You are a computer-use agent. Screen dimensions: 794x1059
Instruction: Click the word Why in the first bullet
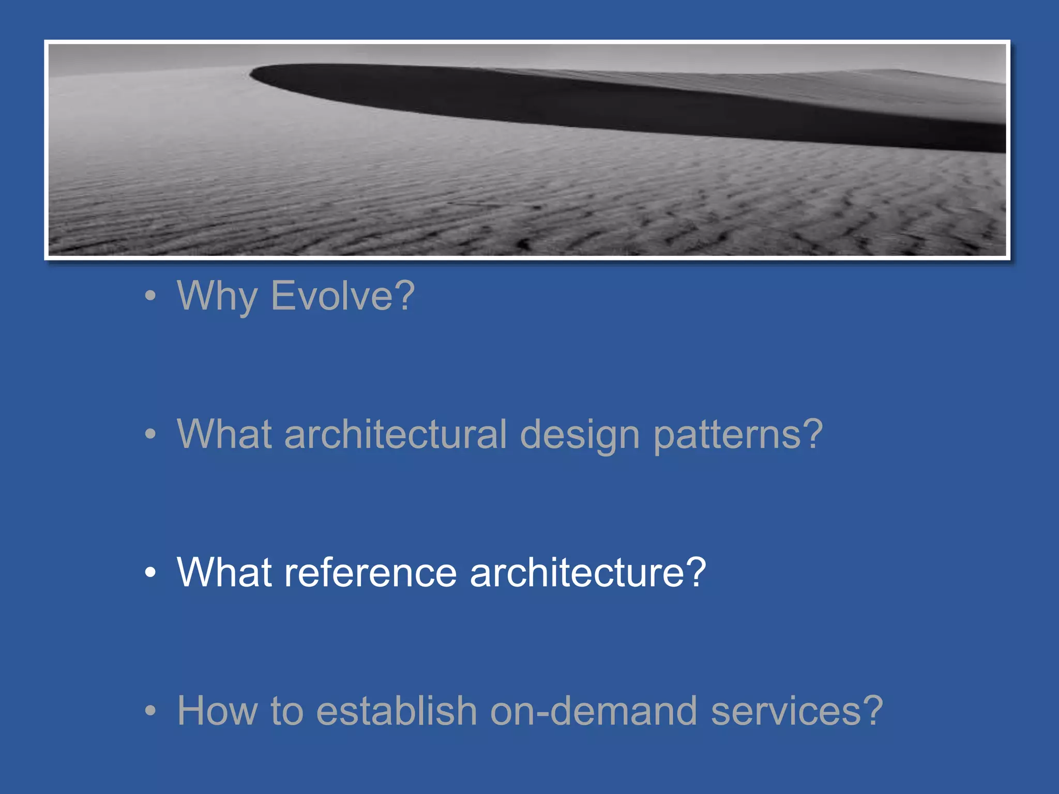(217, 296)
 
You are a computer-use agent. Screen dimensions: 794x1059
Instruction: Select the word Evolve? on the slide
(342, 296)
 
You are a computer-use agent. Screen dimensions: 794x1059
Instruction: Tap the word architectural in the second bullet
(396, 434)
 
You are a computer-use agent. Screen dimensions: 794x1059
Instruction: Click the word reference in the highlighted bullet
(370, 573)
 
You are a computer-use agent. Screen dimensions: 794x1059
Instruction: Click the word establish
(396, 711)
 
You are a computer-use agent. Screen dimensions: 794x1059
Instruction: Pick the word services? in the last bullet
(797, 711)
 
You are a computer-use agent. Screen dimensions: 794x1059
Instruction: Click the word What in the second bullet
(224, 434)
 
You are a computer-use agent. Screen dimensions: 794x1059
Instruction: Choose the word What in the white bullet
(224, 573)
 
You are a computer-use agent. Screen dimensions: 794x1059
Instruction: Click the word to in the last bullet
(286, 711)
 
